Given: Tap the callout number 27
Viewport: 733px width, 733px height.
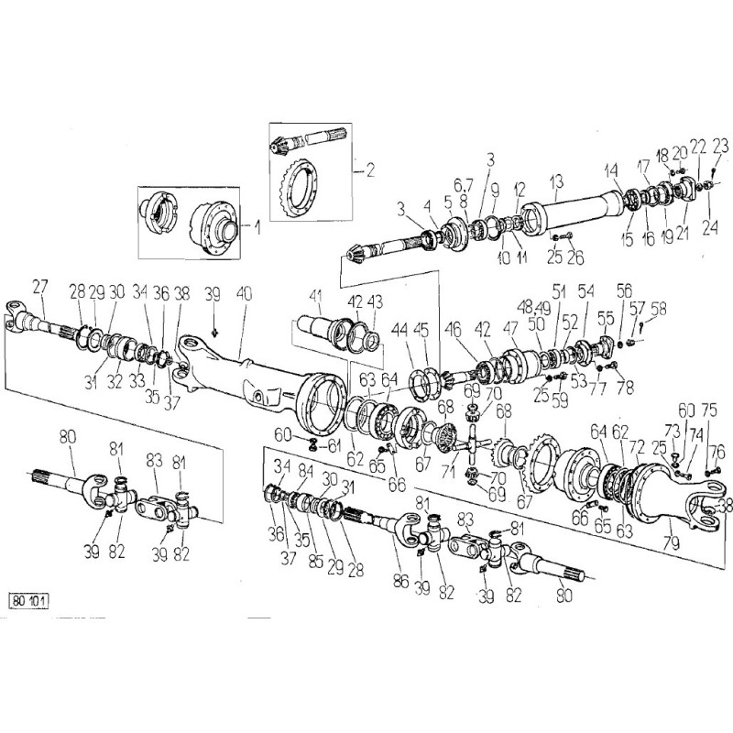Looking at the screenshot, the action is (x=40, y=287).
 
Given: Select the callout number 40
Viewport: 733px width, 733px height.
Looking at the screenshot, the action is (x=244, y=294).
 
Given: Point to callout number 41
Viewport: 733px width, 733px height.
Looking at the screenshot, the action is (x=316, y=296).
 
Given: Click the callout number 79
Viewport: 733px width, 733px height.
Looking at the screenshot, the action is (x=672, y=543).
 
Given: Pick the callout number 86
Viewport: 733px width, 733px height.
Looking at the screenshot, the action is (x=400, y=581).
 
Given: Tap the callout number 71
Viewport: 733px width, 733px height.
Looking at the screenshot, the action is (x=448, y=471).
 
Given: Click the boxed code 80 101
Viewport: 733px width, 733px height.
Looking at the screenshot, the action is (x=29, y=601).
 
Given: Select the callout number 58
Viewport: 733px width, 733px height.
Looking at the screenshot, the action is (x=658, y=309).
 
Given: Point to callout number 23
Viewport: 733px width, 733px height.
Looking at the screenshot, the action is (x=720, y=147).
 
